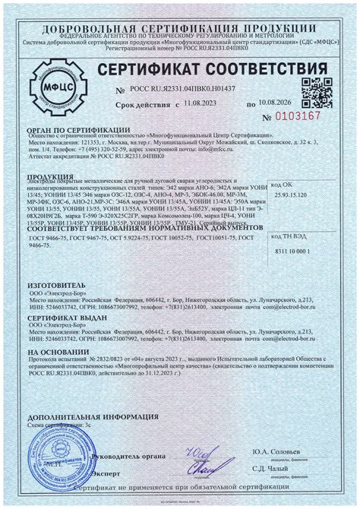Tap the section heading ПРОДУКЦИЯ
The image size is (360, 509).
pos(50,179)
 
